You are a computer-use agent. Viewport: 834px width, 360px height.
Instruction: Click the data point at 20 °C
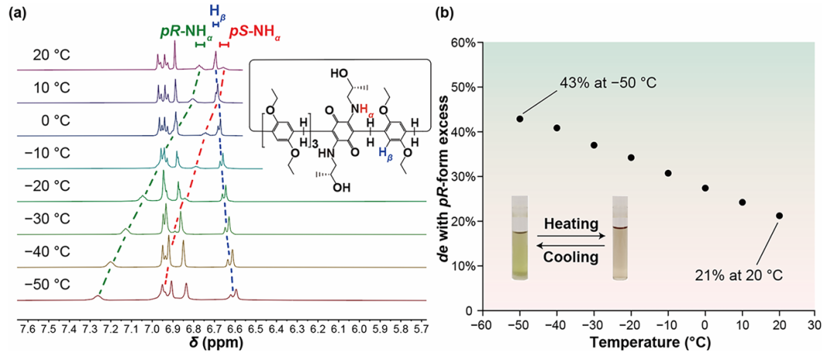tap(779, 216)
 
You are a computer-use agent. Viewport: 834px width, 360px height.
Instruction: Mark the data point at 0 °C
tap(705, 188)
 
